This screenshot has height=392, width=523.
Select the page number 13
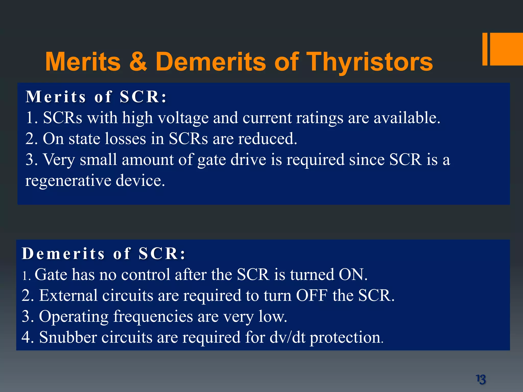click(481, 379)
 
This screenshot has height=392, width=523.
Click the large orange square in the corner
click(507, 49)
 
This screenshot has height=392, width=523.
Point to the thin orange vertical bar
click(485, 49)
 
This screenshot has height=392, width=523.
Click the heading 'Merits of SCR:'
click(96, 97)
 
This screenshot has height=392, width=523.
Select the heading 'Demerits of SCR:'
click(103, 254)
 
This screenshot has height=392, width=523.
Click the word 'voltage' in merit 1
click(183, 118)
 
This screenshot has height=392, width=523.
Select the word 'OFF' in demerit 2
click(312, 296)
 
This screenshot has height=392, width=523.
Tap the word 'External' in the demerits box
click(68, 296)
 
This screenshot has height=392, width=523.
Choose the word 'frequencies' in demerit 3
click(153, 317)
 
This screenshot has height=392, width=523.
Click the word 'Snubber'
click(68, 337)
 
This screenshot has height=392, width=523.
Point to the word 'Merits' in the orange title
click(83, 62)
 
